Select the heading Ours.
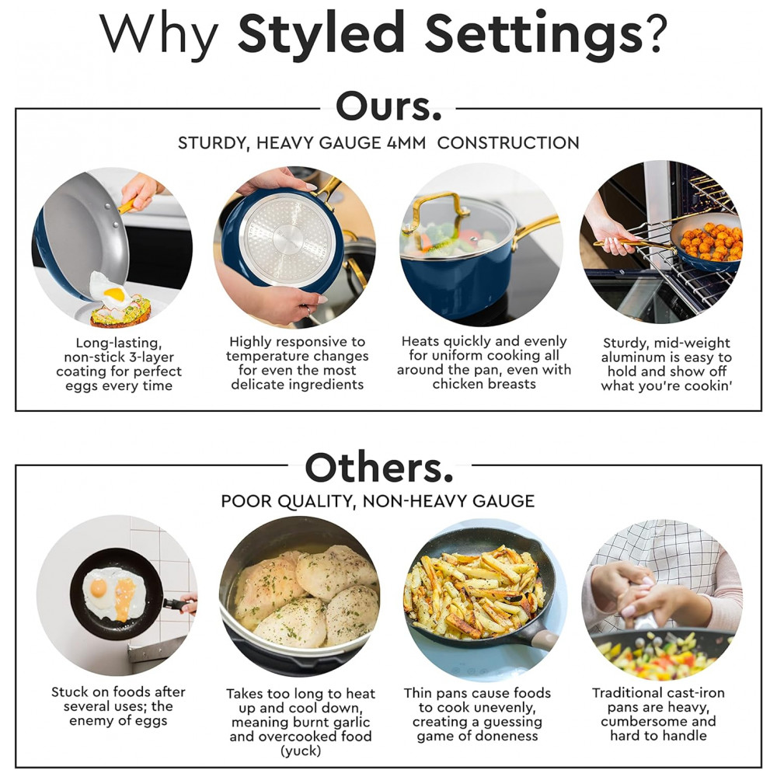pos(388,106)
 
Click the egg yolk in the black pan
pos(98,587)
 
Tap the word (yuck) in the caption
pos(300,751)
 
